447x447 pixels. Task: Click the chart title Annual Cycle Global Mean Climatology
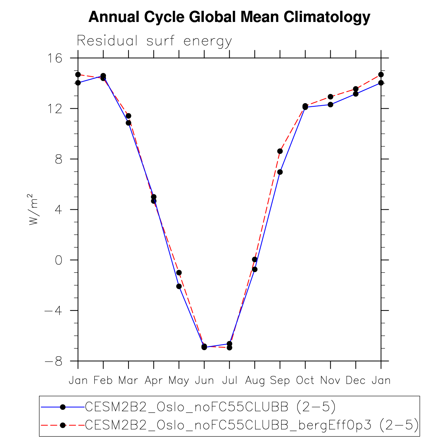click(229, 17)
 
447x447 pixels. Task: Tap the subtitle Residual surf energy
click(154, 41)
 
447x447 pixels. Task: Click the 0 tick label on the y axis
click(59, 260)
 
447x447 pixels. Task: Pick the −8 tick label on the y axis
click(53, 361)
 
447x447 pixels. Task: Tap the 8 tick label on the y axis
click(59, 159)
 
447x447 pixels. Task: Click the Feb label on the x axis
click(103, 380)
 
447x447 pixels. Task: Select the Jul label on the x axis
click(229, 380)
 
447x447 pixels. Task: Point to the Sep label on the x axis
click(280, 380)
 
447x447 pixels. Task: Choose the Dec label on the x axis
click(355, 380)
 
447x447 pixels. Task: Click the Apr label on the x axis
click(154, 380)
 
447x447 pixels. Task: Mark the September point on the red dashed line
click(280, 151)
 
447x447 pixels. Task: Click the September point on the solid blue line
click(280, 172)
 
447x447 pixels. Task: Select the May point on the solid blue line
click(179, 286)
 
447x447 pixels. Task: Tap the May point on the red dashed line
click(179, 272)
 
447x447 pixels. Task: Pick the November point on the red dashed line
click(330, 97)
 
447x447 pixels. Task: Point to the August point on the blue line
click(255, 269)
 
